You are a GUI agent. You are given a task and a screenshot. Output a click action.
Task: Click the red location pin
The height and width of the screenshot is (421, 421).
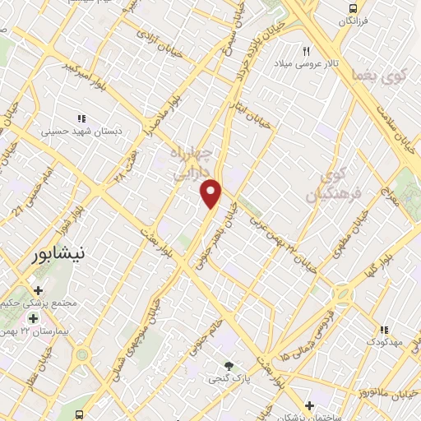click(x=211, y=193)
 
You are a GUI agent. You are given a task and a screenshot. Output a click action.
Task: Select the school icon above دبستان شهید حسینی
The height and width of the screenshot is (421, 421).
click(x=81, y=118)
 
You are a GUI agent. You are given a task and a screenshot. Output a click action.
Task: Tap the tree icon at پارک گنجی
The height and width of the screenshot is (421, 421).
click(x=229, y=366)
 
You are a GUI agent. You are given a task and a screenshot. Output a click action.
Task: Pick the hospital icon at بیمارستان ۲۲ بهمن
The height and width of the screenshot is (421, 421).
click(x=33, y=318)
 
